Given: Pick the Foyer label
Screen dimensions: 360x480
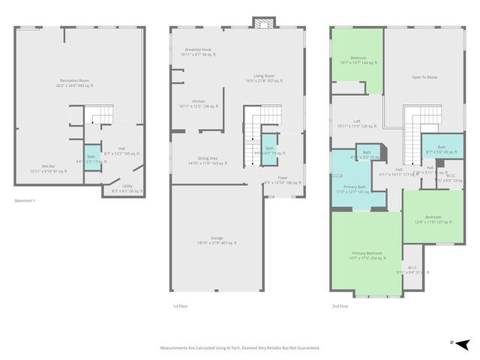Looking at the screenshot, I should pos(282,178).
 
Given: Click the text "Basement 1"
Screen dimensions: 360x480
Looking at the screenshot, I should pos(25,201).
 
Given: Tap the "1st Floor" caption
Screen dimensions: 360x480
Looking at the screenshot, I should pos(181,306).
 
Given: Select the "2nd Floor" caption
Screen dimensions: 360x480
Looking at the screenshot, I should pos(340,306).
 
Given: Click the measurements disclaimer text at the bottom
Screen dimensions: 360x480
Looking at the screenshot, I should pos(239,348).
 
